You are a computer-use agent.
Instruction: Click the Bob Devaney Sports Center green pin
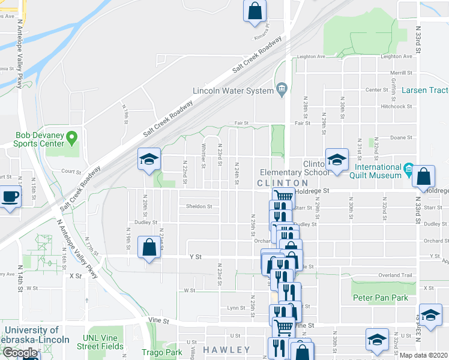click(x=73, y=139)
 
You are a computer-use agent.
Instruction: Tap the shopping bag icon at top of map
click(x=255, y=10)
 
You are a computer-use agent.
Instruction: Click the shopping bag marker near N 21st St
click(x=149, y=247)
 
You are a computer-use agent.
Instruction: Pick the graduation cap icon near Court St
click(x=149, y=159)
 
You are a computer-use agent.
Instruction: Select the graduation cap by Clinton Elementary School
click(x=337, y=160)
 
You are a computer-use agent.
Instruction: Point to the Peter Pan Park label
click(x=380, y=298)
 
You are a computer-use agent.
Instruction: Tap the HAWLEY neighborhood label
click(x=226, y=349)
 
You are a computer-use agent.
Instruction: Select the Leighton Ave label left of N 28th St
click(x=312, y=56)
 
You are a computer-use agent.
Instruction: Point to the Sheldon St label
click(x=199, y=206)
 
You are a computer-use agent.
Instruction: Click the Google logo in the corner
click(x=20, y=353)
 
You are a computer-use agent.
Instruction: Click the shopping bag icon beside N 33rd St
click(x=423, y=176)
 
